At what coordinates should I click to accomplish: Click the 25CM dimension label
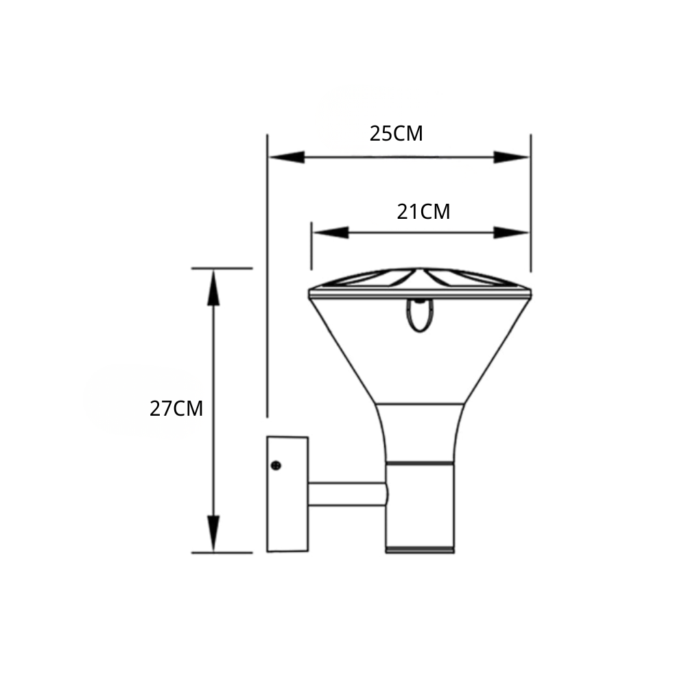[397, 134]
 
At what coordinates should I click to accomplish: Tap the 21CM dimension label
[423, 212]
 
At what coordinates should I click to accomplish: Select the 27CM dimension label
[176, 409]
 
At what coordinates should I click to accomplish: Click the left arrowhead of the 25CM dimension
[287, 157]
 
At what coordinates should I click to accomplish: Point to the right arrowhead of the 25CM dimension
[512, 157]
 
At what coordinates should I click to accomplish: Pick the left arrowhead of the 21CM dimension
[331, 233]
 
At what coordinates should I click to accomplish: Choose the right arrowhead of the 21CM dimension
[512, 233]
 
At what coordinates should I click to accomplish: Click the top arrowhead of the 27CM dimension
[213, 287]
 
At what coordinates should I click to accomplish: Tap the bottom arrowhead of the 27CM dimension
[213, 534]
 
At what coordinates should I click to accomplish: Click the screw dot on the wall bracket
[276, 466]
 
